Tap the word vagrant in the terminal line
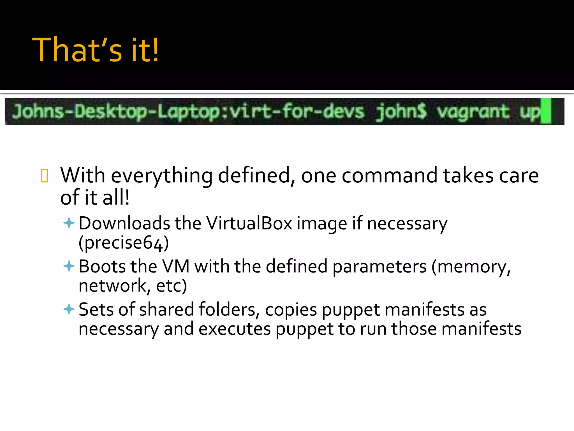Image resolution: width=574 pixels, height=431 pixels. coord(473,112)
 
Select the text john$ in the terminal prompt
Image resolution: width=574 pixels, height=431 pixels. coord(401,112)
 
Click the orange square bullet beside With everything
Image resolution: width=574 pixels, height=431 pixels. coord(45,176)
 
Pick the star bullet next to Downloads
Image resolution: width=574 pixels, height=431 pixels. coord(69,224)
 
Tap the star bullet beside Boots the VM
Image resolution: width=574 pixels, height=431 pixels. coord(69,266)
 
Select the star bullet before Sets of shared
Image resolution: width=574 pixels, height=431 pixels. coord(69,309)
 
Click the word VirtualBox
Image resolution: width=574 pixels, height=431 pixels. coord(249,224)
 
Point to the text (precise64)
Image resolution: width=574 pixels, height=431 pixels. coord(124,243)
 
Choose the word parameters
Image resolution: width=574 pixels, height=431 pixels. coord(379,267)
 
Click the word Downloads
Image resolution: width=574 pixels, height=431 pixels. coord(124,224)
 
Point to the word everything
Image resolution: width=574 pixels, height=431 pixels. coord(162,176)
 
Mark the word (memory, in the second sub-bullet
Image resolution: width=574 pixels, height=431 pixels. coord(471,267)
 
